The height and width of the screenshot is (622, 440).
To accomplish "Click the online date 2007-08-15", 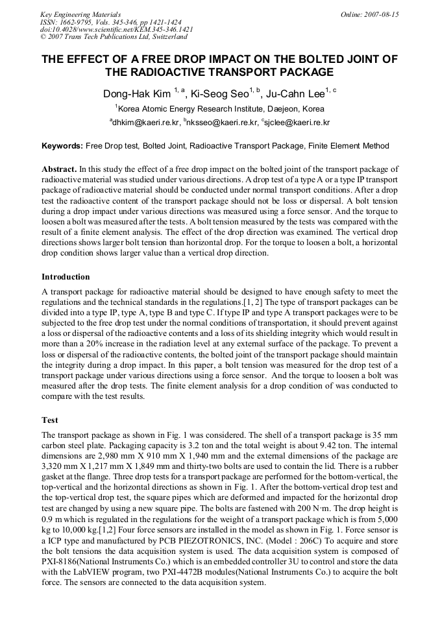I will (374, 14).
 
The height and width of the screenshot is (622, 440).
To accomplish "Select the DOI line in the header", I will (117, 30).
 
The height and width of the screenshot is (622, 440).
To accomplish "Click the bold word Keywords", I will (62, 147).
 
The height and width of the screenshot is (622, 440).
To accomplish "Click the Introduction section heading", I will (66, 277).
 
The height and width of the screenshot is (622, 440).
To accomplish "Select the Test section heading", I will (50, 420).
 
